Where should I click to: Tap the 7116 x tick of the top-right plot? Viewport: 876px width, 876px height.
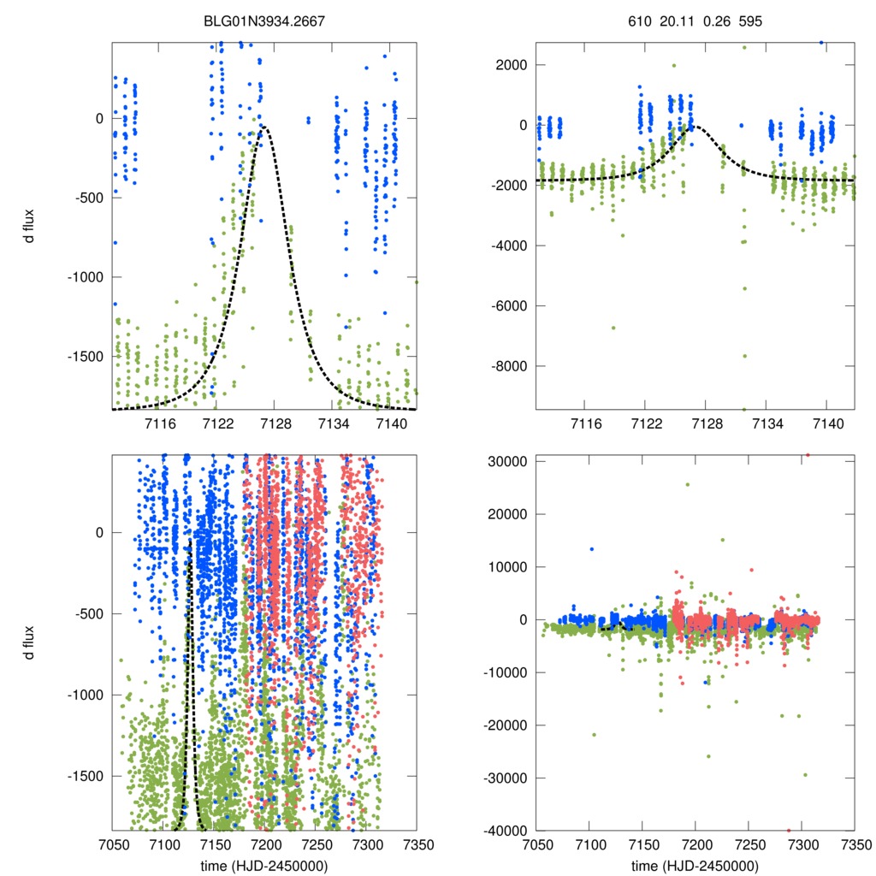584,423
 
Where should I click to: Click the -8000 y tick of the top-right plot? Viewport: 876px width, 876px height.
510,366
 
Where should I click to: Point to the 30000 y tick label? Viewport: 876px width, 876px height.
510,461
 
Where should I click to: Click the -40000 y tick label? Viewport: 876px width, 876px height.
507,831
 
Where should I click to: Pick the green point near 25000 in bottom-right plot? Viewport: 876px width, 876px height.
687,484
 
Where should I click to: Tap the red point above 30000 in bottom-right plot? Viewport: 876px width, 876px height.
807,455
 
